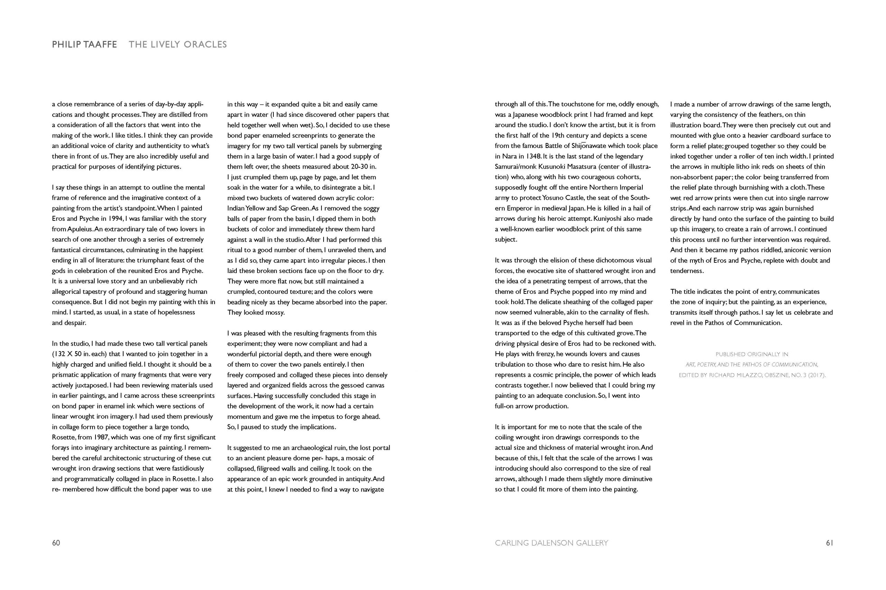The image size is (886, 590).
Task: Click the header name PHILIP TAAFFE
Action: point(84,44)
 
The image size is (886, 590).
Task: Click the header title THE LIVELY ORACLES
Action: point(178,44)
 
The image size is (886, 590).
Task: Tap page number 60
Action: point(56,543)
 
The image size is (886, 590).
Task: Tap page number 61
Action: point(830,543)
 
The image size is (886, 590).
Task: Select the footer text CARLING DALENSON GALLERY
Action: point(551,543)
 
